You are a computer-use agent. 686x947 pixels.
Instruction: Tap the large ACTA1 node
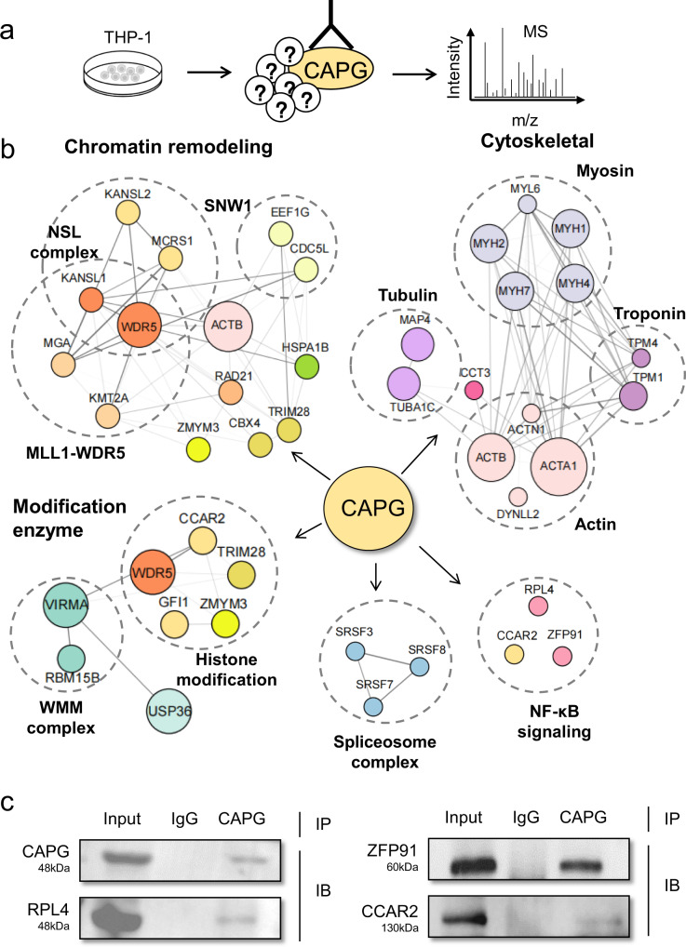pyautogui.click(x=558, y=460)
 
